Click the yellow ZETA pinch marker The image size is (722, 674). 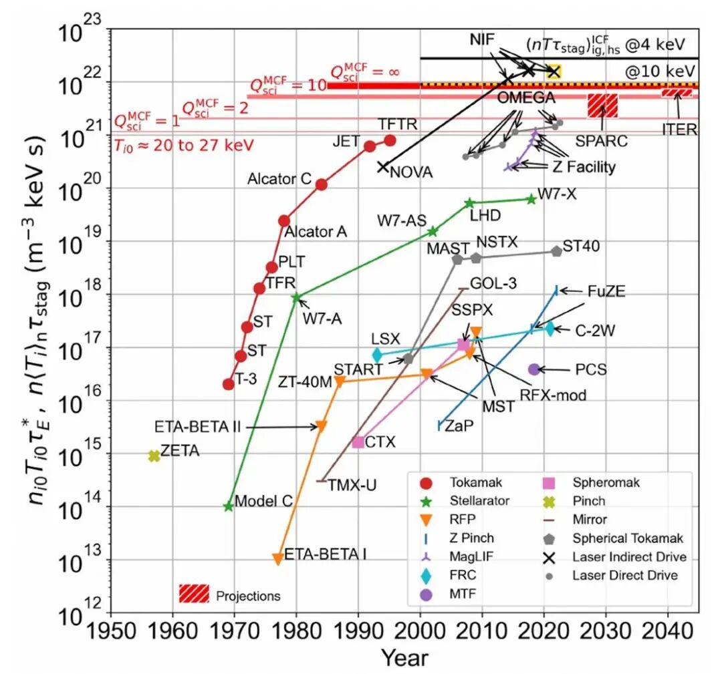(154, 456)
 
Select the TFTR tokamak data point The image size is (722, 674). (390, 140)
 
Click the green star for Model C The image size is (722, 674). (228, 506)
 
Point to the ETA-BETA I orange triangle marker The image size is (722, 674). (277, 559)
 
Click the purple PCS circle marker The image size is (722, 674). (533, 369)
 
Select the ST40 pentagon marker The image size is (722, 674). (557, 251)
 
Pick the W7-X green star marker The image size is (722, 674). (531, 199)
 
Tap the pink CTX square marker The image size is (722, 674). (358, 442)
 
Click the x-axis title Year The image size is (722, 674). (404, 658)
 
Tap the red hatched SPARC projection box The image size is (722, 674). (602, 106)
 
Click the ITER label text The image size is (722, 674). (679, 130)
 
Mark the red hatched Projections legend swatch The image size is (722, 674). (195, 593)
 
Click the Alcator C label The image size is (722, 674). (279, 179)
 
